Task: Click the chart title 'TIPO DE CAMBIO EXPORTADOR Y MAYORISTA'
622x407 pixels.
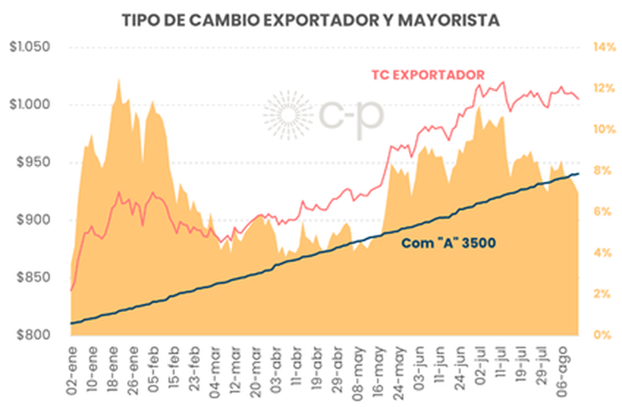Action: [x=311, y=17]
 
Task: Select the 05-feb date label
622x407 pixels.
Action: [x=153, y=367]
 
